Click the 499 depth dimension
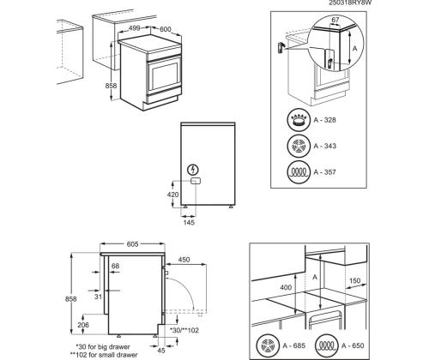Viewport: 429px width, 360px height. point(133,27)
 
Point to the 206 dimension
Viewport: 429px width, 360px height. point(82,326)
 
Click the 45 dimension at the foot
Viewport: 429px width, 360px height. point(160,349)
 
